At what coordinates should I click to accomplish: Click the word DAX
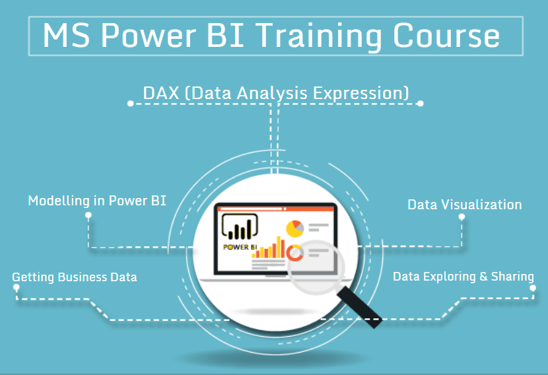161,92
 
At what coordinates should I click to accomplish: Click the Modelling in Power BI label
97,201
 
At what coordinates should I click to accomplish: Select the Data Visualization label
465,205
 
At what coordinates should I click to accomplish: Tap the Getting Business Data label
75,277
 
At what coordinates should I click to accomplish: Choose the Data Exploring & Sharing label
463,277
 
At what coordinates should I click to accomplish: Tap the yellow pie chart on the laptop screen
294,228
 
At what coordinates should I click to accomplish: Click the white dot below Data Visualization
462,217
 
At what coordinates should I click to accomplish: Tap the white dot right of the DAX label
421,103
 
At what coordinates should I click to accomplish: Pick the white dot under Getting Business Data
17,288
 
